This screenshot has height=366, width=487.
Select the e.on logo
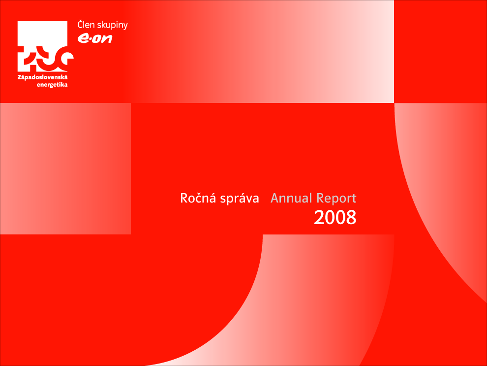click(x=95, y=38)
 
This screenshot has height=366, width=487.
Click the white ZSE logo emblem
click(x=45, y=46)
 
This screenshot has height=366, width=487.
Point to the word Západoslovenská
click(x=42, y=77)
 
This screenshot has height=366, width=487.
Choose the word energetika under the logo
click(x=52, y=85)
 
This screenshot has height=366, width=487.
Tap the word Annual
click(x=291, y=198)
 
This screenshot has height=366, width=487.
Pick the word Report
click(x=336, y=199)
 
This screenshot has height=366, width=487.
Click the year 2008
click(x=335, y=217)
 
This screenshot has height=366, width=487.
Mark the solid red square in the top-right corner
click(x=440, y=51)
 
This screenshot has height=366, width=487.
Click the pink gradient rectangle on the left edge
click(x=65, y=168)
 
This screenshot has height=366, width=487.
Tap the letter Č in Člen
click(x=81, y=24)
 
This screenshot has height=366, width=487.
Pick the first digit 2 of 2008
click(x=319, y=217)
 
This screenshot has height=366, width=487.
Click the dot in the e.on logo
click(x=89, y=39)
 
